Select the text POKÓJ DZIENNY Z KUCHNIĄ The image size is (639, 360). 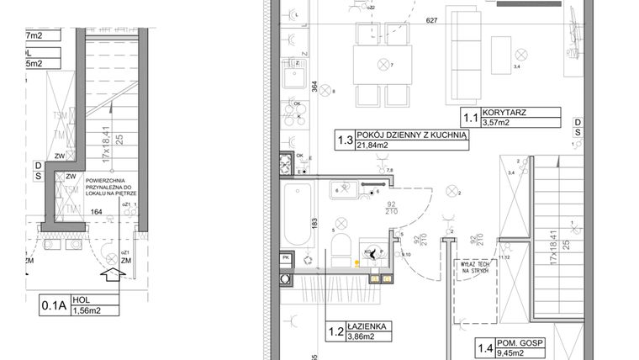tap(410, 135)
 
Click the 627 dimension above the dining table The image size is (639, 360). tap(432, 20)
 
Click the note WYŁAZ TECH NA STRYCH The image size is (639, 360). tap(475, 266)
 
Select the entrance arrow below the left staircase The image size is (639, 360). tap(108, 275)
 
